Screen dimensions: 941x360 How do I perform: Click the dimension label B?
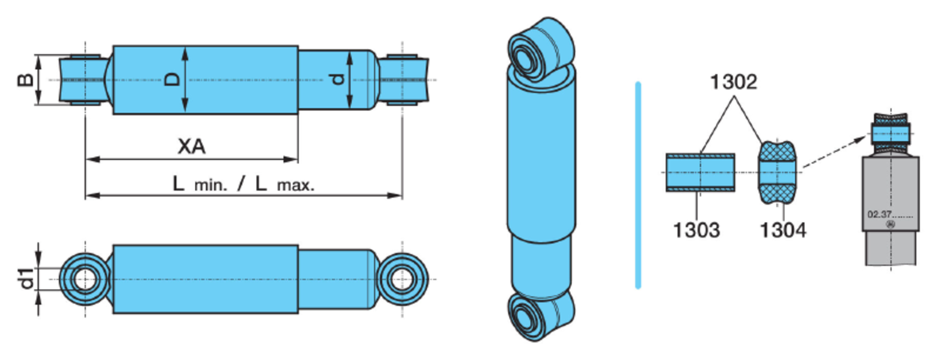click(25, 80)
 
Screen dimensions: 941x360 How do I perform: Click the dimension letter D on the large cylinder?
click(172, 79)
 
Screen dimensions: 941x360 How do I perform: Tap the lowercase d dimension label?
click(338, 79)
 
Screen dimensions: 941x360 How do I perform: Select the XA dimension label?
click(191, 147)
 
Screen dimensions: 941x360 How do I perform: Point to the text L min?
click(200, 184)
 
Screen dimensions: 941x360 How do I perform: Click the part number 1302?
click(733, 82)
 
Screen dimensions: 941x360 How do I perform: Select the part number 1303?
click(696, 230)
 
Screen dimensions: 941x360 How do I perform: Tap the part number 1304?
click(784, 230)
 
